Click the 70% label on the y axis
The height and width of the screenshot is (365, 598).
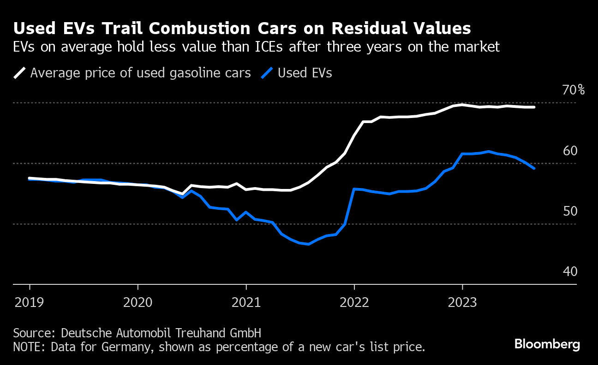coord(573,90)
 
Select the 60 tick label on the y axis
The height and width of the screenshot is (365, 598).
coord(570,151)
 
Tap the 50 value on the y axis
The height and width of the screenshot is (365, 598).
coord(570,212)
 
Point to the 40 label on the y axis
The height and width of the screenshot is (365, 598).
coord(570,272)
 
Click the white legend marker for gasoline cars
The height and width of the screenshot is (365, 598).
coord(19,73)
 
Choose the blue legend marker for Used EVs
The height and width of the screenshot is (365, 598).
coord(267,73)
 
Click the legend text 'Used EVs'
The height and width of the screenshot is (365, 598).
coord(305,73)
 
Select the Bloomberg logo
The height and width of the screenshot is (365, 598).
coord(547,344)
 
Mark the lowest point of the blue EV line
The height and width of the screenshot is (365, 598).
coord(308,244)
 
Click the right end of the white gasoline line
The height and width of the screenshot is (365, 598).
coord(534,107)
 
